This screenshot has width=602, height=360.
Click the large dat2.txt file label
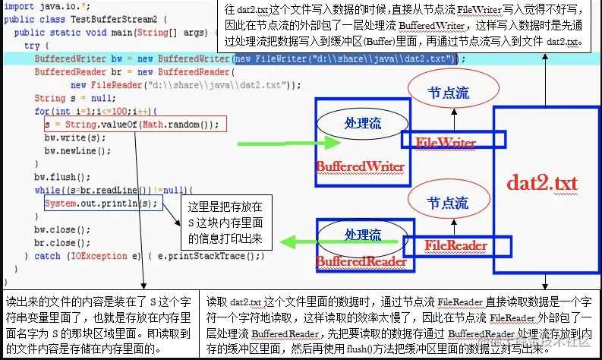(x=543, y=183)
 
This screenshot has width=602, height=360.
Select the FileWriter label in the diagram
(x=446, y=143)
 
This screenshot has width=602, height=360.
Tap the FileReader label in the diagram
(x=455, y=245)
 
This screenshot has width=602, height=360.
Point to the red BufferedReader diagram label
(x=361, y=262)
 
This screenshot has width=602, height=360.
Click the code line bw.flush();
(x=52, y=177)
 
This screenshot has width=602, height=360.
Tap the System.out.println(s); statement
(x=102, y=203)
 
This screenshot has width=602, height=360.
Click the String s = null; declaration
(x=72, y=98)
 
